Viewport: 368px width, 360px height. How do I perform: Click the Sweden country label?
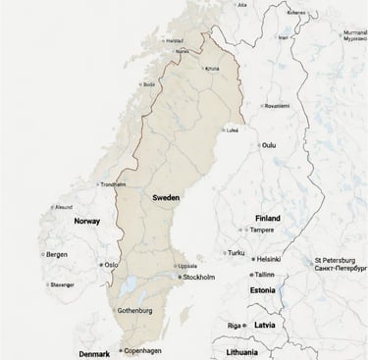167,197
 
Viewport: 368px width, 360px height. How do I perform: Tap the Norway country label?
88,222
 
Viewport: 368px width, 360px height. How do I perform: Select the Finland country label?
267,218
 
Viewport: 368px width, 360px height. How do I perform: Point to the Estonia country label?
262,290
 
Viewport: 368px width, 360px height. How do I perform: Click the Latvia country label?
265,325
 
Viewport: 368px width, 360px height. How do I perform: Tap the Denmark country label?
94,352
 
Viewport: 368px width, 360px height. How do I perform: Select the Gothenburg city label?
135,310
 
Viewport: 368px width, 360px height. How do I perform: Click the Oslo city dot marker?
101,265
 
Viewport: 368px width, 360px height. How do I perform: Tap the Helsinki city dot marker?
252,259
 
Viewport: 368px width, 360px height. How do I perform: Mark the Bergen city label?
57,254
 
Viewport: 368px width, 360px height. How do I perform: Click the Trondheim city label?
113,183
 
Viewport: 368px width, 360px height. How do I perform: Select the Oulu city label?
268,145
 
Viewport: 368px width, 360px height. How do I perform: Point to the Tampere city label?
262,230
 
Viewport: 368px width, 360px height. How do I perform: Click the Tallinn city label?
264,275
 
